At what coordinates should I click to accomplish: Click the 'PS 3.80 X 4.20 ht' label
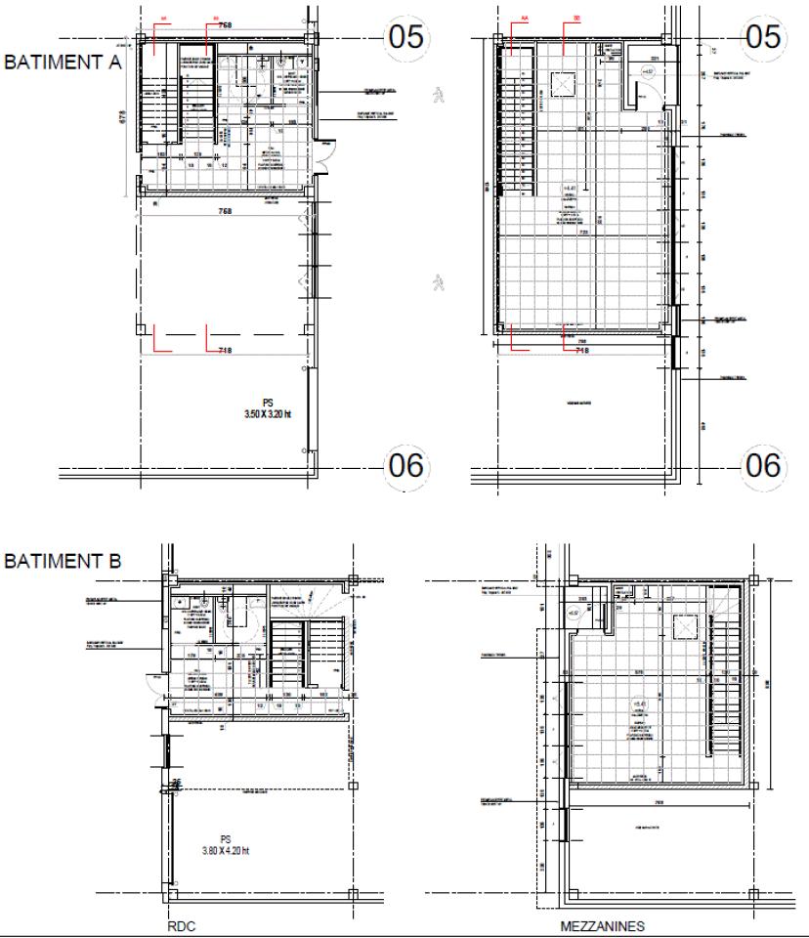pyautogui.click(x=225, y=844)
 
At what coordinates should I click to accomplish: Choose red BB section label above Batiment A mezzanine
pyautogui.click(x=577, y=18)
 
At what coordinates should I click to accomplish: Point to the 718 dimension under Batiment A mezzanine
pyautogui.click(x=581, y=349)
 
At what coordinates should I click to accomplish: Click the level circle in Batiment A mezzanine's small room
pyautogui.click(x=647, y=72)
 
